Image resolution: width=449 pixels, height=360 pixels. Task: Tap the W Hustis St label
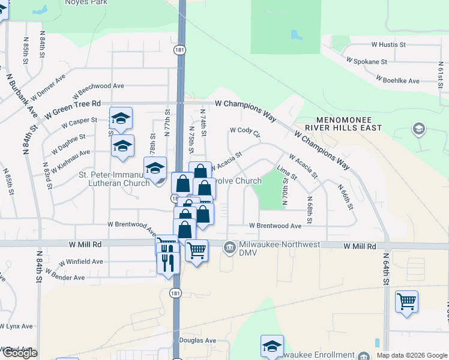(x=388, y=44)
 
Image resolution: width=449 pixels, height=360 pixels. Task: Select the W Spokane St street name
(x=367, y=61)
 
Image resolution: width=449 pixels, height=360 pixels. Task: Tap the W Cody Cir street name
(x=244, y=130)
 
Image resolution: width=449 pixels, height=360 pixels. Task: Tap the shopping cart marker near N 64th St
(x=406, y=301)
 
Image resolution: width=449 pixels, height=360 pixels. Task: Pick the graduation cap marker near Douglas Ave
(x=272, y=346)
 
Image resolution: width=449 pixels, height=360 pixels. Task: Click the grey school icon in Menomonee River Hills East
(x=419, y=129)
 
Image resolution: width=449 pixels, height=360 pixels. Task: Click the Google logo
(x=20, y=353)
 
